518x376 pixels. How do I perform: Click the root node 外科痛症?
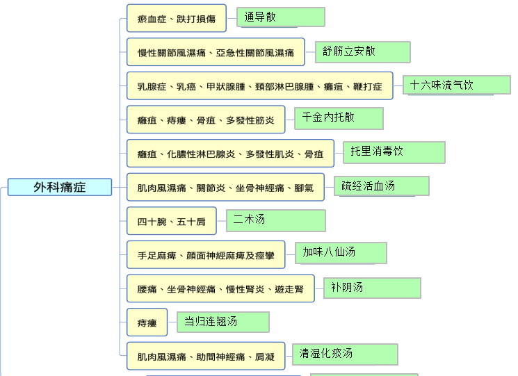[x=60, y=187]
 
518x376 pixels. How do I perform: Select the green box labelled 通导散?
[x=281, y=17]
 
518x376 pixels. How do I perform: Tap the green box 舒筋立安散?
[x=363, y=52]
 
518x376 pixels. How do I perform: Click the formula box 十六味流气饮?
[x=457, y=85]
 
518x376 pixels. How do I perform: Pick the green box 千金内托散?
[x=339, y=118]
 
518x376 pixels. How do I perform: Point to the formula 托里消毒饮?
[x=394, y=152]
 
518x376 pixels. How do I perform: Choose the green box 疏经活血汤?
[x=382, y=186]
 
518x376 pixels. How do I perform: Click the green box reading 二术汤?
[x=276, y=220]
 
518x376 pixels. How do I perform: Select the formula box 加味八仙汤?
[x=341, y=253]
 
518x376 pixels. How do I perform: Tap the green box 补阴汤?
[x=372, y=288]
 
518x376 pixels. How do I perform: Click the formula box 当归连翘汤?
[x=223, y=322]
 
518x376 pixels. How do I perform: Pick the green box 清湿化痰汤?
[x=345, y=354]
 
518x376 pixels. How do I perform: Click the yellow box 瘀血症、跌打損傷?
[x=177, y=18]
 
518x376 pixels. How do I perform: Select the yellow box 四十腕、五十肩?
[x=172, y=221]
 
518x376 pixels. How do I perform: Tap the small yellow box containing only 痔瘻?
[x=147, y=322]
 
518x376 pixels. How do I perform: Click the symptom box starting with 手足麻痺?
[x=206, y=254]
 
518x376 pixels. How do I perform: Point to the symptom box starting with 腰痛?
[x=220, y=288]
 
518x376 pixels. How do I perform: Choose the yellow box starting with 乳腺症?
[x=259, y=85]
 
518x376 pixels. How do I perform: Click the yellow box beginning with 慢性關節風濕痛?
[x=216, y=52]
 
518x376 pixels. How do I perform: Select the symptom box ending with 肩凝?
[x=206, y=356]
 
